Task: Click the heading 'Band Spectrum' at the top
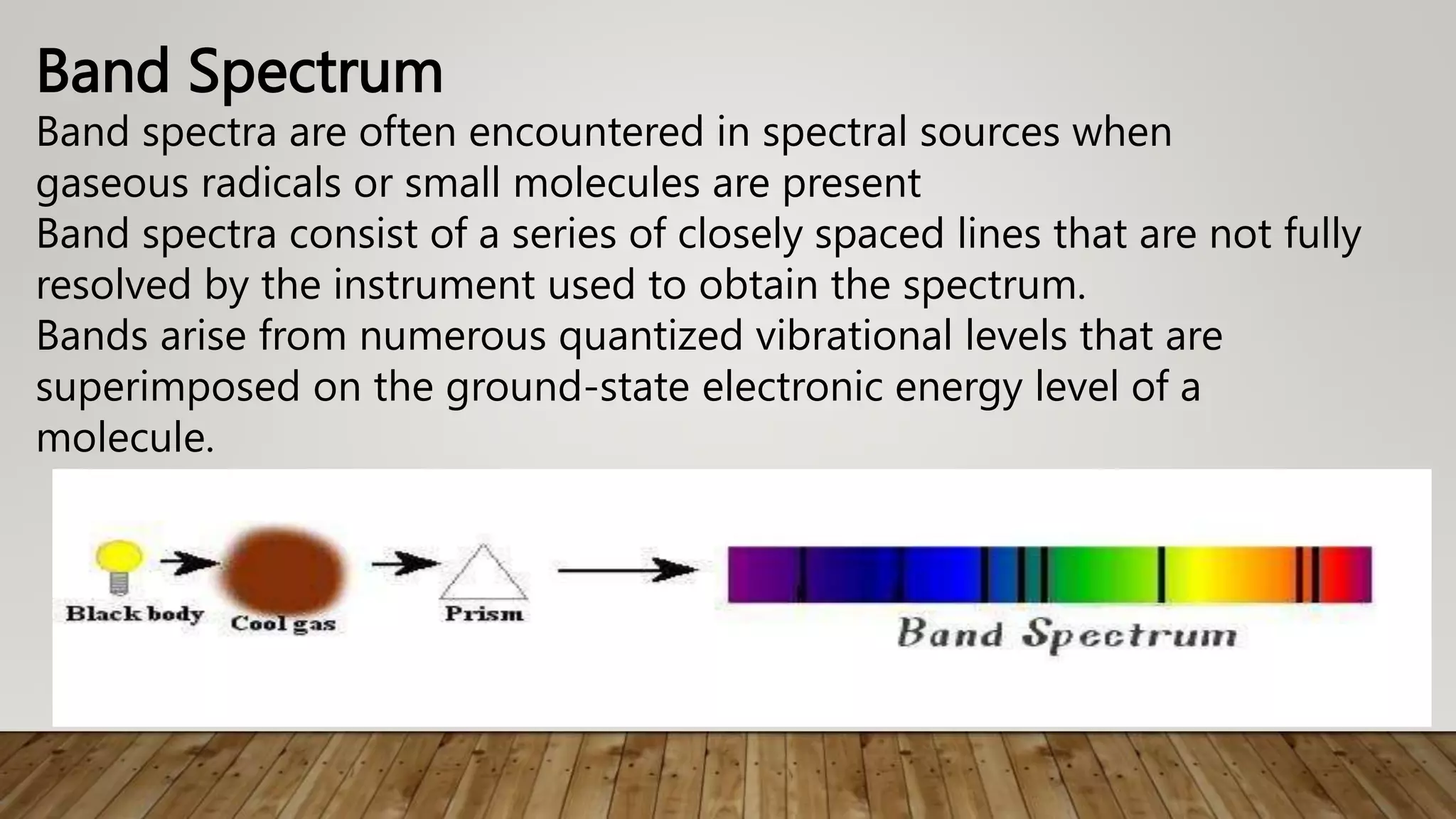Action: [x=240, y=71]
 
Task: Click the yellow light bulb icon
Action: [x=119, y=559]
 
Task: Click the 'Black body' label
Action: [x=135, y=614]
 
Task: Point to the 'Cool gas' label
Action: [x=283, y=623]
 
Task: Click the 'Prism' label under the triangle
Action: [x=484, y=614]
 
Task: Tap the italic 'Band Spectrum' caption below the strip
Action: [x=1066, y=634]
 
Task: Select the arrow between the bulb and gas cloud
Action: [x=188, y=563]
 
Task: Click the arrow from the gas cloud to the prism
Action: [x=404, y=564]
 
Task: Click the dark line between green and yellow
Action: [x=1161, y=574]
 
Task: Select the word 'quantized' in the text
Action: [x=651, y=336]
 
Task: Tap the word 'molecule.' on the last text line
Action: [x=125, y=437]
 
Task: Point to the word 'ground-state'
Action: [x=567, y=387]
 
